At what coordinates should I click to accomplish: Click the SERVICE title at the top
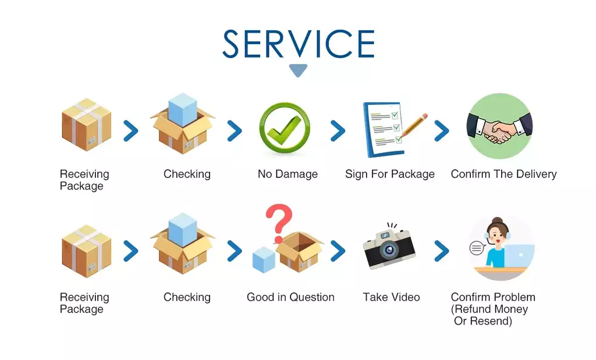coord(299,44)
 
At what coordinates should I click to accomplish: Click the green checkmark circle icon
coord(285,128)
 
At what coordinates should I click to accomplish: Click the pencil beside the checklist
coord(413,125)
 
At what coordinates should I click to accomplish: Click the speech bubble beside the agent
coord(477,248)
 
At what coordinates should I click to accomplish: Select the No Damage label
coord(288,174)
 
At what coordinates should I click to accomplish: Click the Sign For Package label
coord(389,174)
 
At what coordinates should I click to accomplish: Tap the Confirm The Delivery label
coord(503,174)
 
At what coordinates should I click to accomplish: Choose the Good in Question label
coord(290,297)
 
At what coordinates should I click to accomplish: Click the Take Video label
coord(391,297)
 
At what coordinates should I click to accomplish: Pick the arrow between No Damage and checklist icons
coord(338,131)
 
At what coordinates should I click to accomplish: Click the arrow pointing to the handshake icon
coord(442,131)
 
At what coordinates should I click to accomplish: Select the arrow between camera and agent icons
coord(442,251)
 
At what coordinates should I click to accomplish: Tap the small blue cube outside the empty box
coord(264,260)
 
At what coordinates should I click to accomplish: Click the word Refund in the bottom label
coord(473,309)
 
